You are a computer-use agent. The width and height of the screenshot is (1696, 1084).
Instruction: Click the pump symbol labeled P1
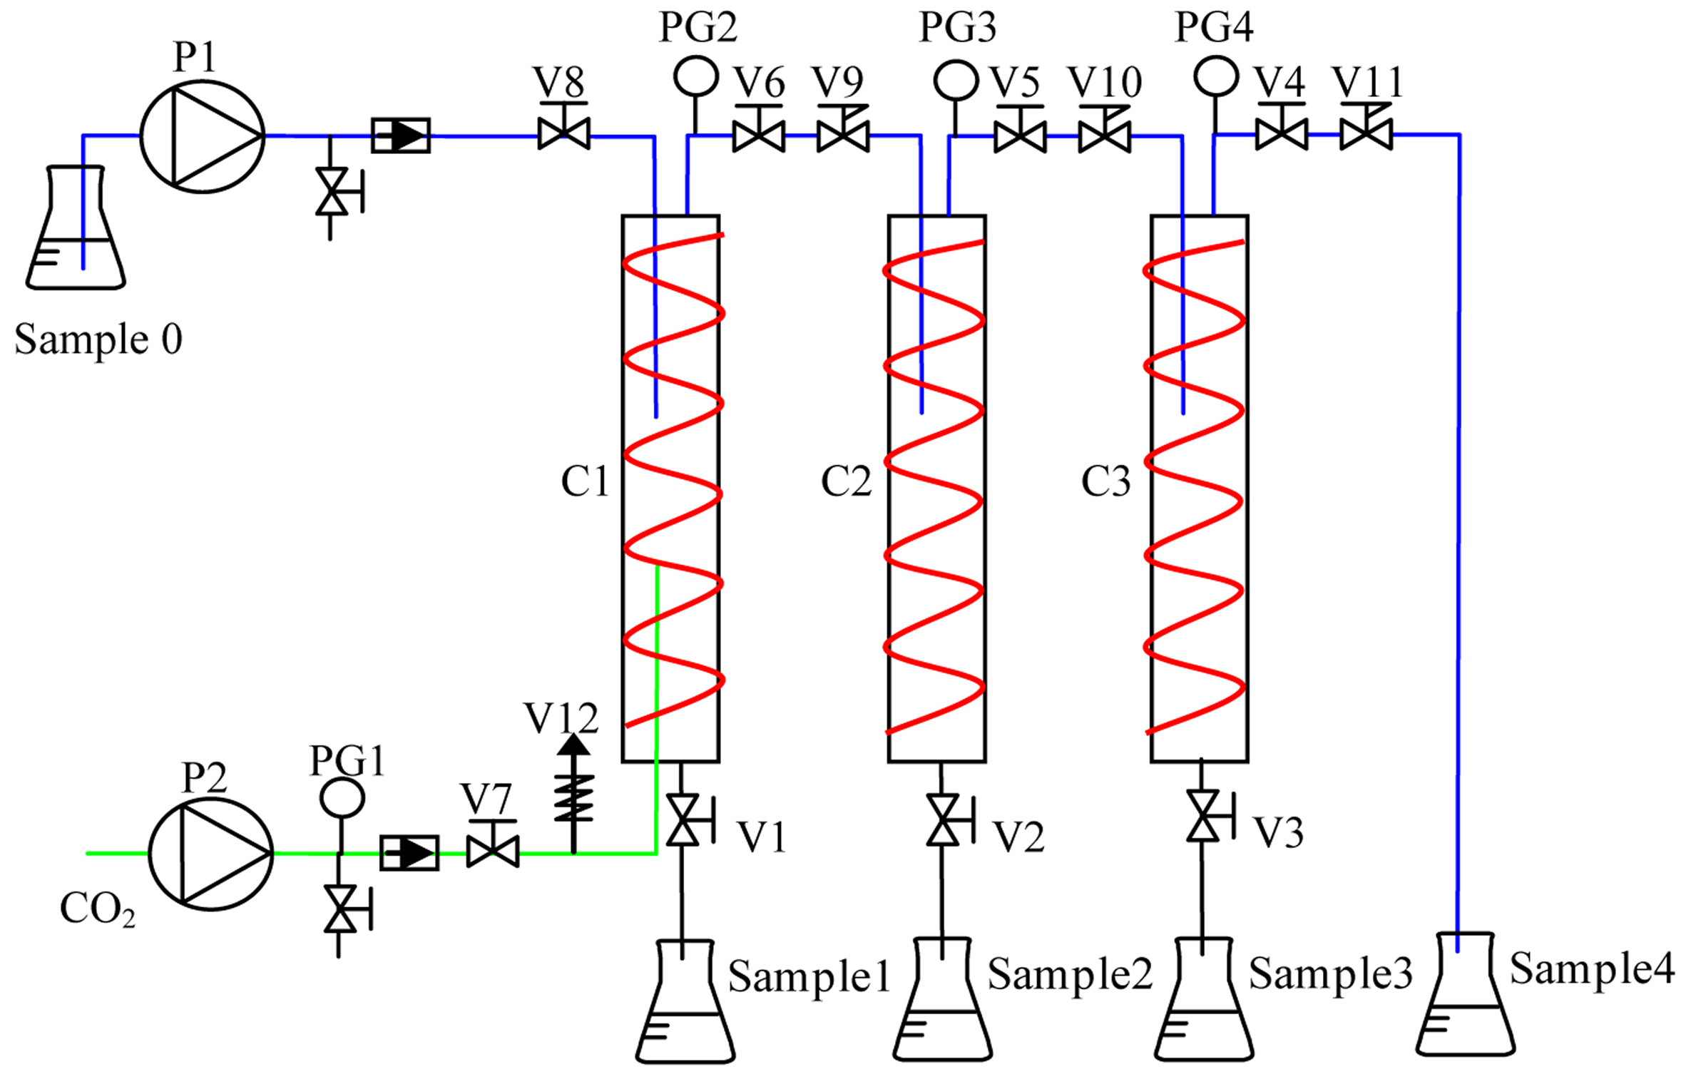pos(203,136)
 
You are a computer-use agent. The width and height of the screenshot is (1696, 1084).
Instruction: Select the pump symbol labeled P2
pos(210,853)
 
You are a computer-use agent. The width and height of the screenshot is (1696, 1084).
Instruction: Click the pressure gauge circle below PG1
pos(342,797)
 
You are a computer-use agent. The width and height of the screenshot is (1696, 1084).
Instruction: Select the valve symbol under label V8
pos(563,134)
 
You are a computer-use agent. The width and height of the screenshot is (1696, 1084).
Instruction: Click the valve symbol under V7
pos(492,852)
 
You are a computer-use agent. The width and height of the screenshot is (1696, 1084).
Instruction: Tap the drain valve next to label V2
pos(943,820)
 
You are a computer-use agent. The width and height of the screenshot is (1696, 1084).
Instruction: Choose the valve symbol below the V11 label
pos(1366,134)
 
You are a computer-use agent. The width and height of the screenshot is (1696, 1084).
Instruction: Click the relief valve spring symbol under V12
pos(573,797)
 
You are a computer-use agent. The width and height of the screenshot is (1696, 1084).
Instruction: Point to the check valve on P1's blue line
pos(401,135)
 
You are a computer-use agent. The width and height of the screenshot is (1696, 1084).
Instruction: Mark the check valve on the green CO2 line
pos(409,853)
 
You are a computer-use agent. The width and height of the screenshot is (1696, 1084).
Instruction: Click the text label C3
pos(1105,482)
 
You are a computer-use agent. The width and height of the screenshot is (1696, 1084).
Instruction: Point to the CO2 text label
pos(98,910)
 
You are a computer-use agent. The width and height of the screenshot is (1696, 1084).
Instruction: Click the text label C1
pos(585,482)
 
